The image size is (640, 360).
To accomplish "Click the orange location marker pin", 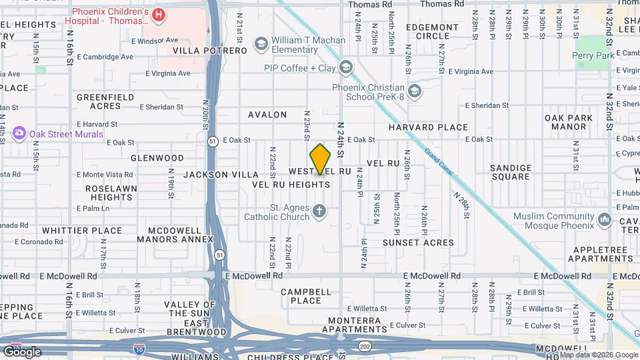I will coord(321,159).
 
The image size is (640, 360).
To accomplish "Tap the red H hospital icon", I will coord(159,15).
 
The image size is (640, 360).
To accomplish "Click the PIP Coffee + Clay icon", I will coord(345,67).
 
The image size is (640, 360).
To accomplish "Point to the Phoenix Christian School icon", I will coord(414,91).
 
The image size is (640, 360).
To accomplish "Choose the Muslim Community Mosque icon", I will coord(605,219).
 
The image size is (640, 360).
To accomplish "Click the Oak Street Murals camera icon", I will coord(19,133).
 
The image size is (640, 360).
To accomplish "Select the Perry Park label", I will coord(593,56).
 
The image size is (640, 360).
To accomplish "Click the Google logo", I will coord(21,351).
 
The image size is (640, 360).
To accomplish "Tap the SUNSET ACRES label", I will coord(418,243).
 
